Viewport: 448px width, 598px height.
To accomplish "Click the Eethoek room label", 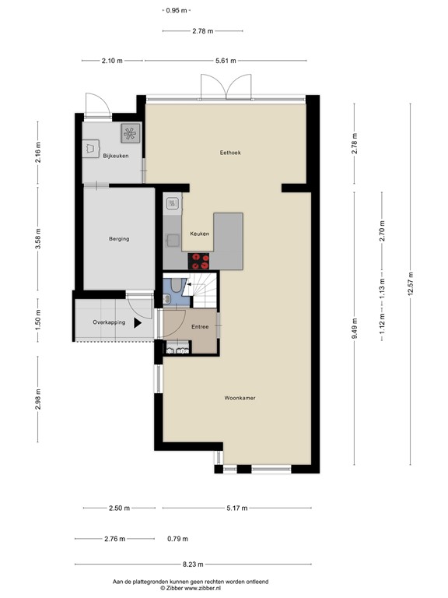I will [230, 153].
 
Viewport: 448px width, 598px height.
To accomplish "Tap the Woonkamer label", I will [240, 397].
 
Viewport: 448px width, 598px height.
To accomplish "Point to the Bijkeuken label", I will [115, 157].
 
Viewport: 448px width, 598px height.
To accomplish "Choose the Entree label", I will [201, 326].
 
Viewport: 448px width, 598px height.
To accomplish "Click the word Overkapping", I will [109, 322].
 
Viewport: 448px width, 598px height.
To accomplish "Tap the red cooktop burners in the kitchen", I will [201, 261].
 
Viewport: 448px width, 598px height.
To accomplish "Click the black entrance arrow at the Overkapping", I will [138, 321].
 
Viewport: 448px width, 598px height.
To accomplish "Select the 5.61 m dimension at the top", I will [225, 61].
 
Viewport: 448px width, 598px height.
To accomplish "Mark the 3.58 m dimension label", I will [39, 240].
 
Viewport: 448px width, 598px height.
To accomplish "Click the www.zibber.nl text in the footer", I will [209, 589].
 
